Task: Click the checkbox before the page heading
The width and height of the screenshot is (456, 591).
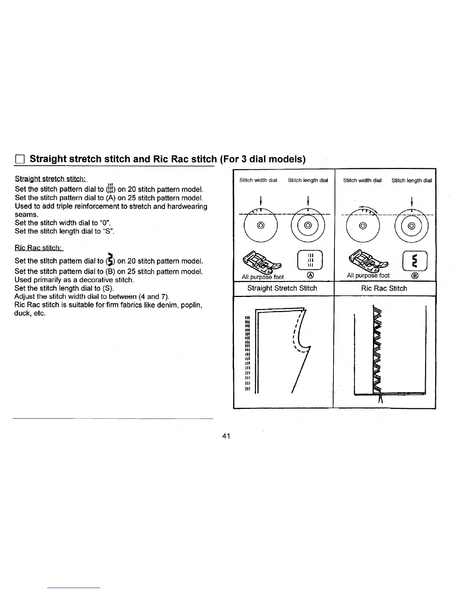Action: (19, 160)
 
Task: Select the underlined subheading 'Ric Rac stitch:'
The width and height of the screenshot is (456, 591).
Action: (39, 248)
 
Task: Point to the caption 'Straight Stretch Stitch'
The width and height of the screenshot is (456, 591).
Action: (282, 288)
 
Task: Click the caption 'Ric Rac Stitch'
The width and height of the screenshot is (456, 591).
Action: (384, 288)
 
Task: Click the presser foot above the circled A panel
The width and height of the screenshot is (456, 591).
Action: (262, 261)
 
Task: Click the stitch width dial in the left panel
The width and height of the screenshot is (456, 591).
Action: (260, 226)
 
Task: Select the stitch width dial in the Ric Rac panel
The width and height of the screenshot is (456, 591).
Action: (364, 226)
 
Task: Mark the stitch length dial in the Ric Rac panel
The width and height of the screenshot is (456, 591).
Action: (412, 226)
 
